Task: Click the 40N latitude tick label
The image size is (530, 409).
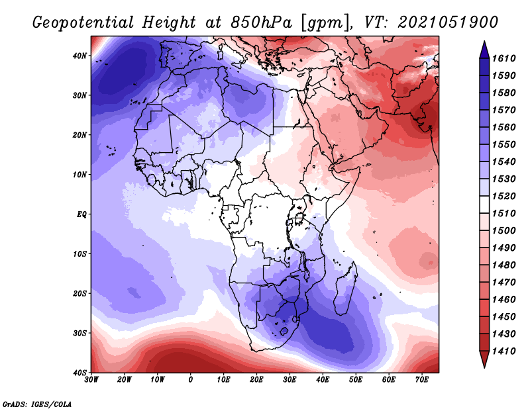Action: tap(79, 56)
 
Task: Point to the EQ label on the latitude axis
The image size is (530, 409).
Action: tap(81, 214)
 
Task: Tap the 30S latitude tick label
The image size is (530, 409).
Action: tap(79, 334)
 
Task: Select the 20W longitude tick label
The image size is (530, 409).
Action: tap(124, 380)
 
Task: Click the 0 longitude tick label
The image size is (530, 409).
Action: tap(191, 380)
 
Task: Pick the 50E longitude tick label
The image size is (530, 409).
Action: tap(356, 380)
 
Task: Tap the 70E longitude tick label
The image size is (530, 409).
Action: tap(421, 380)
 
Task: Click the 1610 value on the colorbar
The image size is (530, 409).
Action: tap(503, 58)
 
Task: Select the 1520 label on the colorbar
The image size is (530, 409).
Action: tap(503, 196)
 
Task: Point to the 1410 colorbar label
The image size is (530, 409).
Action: tap(503, 351)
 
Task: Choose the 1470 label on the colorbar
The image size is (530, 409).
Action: tap(503, 283)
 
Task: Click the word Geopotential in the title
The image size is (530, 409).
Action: tap(83, 23)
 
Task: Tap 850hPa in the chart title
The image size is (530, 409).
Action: tap(261, 23)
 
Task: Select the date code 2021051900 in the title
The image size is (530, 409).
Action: tap(448, 23)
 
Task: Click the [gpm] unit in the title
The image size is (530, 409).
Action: tap(326, 23)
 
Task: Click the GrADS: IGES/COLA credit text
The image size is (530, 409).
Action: tap(37, 404)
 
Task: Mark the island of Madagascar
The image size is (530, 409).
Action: tap(346, 287)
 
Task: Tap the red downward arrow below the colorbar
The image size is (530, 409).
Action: tap(484, 359)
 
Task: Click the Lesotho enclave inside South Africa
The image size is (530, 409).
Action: tap(284, 331)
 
